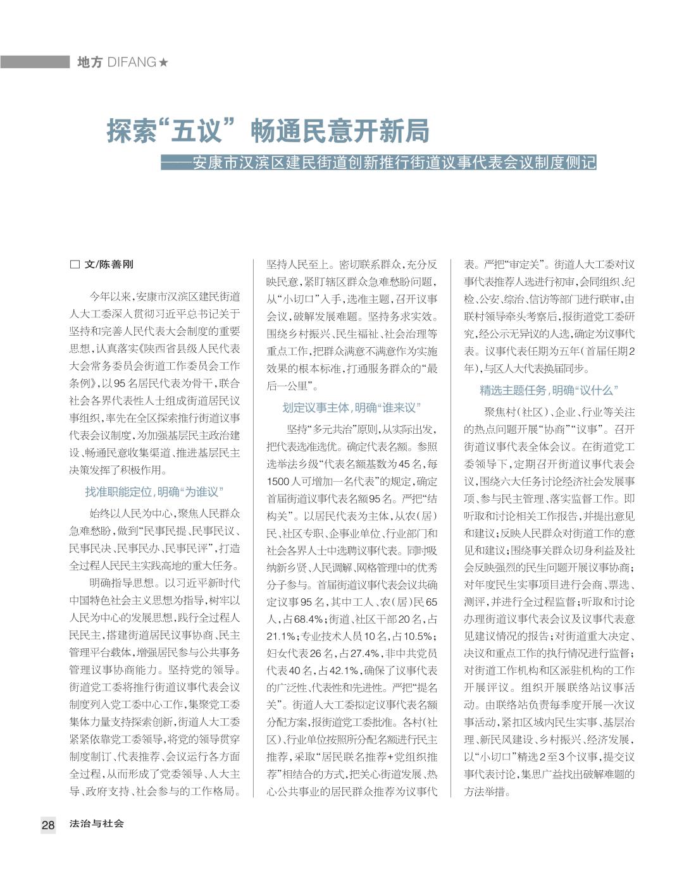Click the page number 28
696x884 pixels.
click(x=48, y=825)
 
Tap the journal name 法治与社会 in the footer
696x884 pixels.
click(x=97, y=824)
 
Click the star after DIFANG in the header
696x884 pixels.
click(x=164, y=63)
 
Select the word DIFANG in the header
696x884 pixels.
click(x=132, y=63)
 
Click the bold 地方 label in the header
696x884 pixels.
click(x=89, y=63)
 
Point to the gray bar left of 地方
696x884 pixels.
click(x=35, y=62)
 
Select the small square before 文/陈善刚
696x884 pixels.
click(x=74, y=265)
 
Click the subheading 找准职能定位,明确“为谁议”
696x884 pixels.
click(x=154, y=491)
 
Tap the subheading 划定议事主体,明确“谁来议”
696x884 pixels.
click(x=352, y=408)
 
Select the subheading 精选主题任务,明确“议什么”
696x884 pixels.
click(x=549, y=391)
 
